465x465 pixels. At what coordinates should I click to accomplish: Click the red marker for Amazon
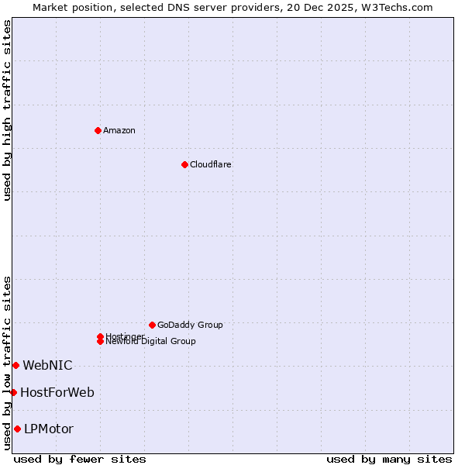pos(98,130)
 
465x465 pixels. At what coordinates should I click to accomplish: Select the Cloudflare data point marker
pos(184,164)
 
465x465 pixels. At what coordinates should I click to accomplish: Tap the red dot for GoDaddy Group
pos(152,325)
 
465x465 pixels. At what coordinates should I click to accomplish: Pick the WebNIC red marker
pos(15,365)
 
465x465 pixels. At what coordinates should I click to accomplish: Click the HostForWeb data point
pos(13,392)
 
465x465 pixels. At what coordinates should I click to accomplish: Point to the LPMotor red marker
pos(17,429)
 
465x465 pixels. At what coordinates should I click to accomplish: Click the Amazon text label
pos(119,130)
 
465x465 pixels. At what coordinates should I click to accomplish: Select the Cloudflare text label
pos(211,164)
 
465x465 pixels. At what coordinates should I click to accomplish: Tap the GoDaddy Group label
pos(190,325)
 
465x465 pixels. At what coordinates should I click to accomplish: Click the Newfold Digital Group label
pos(151,342)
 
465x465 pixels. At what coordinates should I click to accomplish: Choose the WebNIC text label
pos(47,365)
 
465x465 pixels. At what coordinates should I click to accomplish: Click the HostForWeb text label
pos(57,392)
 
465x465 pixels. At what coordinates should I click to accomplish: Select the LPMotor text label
pos(49,429)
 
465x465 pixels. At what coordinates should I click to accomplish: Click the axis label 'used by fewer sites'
pos(80,459)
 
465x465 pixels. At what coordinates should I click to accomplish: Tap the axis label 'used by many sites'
pos(389,459)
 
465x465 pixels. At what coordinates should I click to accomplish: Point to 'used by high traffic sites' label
pos(7,110)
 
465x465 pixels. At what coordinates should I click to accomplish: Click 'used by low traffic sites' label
pos(7,363)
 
